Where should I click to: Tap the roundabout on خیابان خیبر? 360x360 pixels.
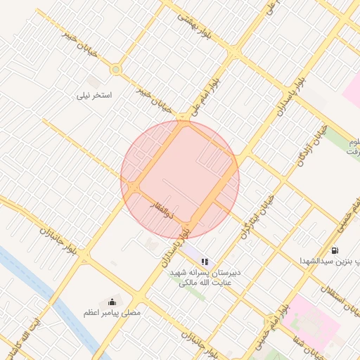coord(115,70)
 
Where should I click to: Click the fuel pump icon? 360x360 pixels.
coord(333,250)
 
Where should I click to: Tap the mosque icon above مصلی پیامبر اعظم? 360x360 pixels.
coord(111,302)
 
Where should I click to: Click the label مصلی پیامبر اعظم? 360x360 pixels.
coord(112,311)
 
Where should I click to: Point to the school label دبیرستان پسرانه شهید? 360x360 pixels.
coord(208,271)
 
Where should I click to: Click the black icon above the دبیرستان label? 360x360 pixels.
coord(205,261)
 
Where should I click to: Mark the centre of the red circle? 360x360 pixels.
coord(180,180)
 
